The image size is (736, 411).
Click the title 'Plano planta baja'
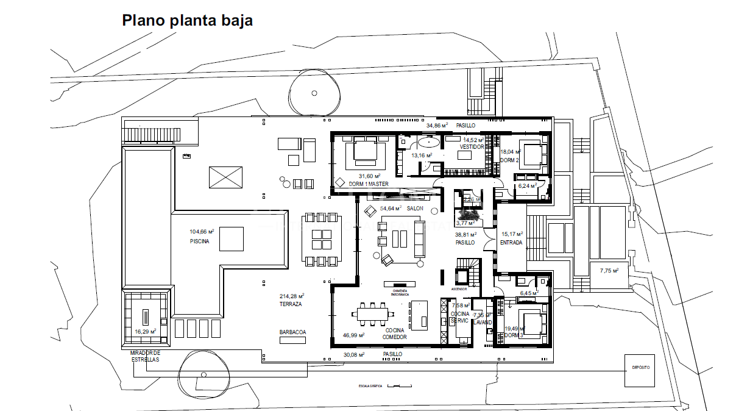187,20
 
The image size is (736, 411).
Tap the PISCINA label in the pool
199,241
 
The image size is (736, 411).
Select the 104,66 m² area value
202,232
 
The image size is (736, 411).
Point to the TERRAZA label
291,304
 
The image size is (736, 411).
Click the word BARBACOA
292,332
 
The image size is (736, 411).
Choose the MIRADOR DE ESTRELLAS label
145,356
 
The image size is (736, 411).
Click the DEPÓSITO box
639,368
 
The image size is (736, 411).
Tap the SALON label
415,209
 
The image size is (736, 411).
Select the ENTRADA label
511,243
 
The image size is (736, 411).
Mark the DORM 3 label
514,335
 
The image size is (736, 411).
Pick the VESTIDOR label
472,147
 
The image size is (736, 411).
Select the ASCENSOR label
459,288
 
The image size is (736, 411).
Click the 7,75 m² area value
609,270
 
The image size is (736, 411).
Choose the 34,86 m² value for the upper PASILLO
437,125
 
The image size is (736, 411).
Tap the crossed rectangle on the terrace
225,178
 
